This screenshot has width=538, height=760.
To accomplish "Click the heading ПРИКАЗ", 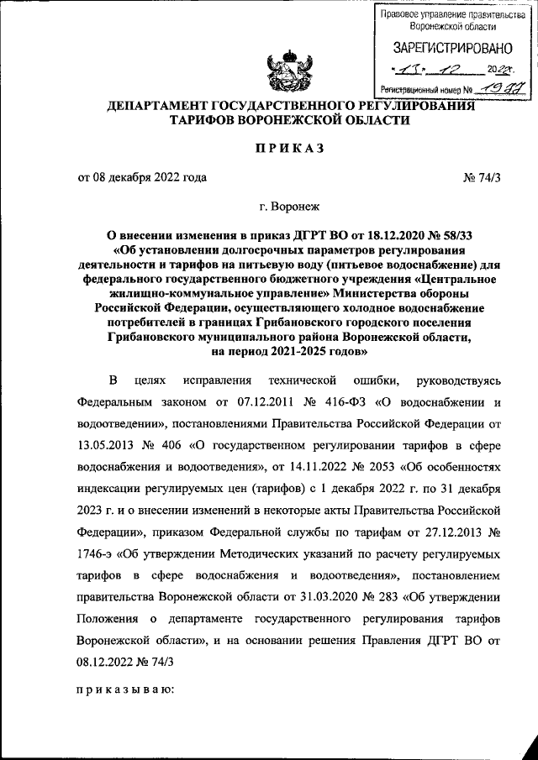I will (x=289, y=148).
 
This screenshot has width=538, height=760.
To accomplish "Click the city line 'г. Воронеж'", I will (x=289, y=206).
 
